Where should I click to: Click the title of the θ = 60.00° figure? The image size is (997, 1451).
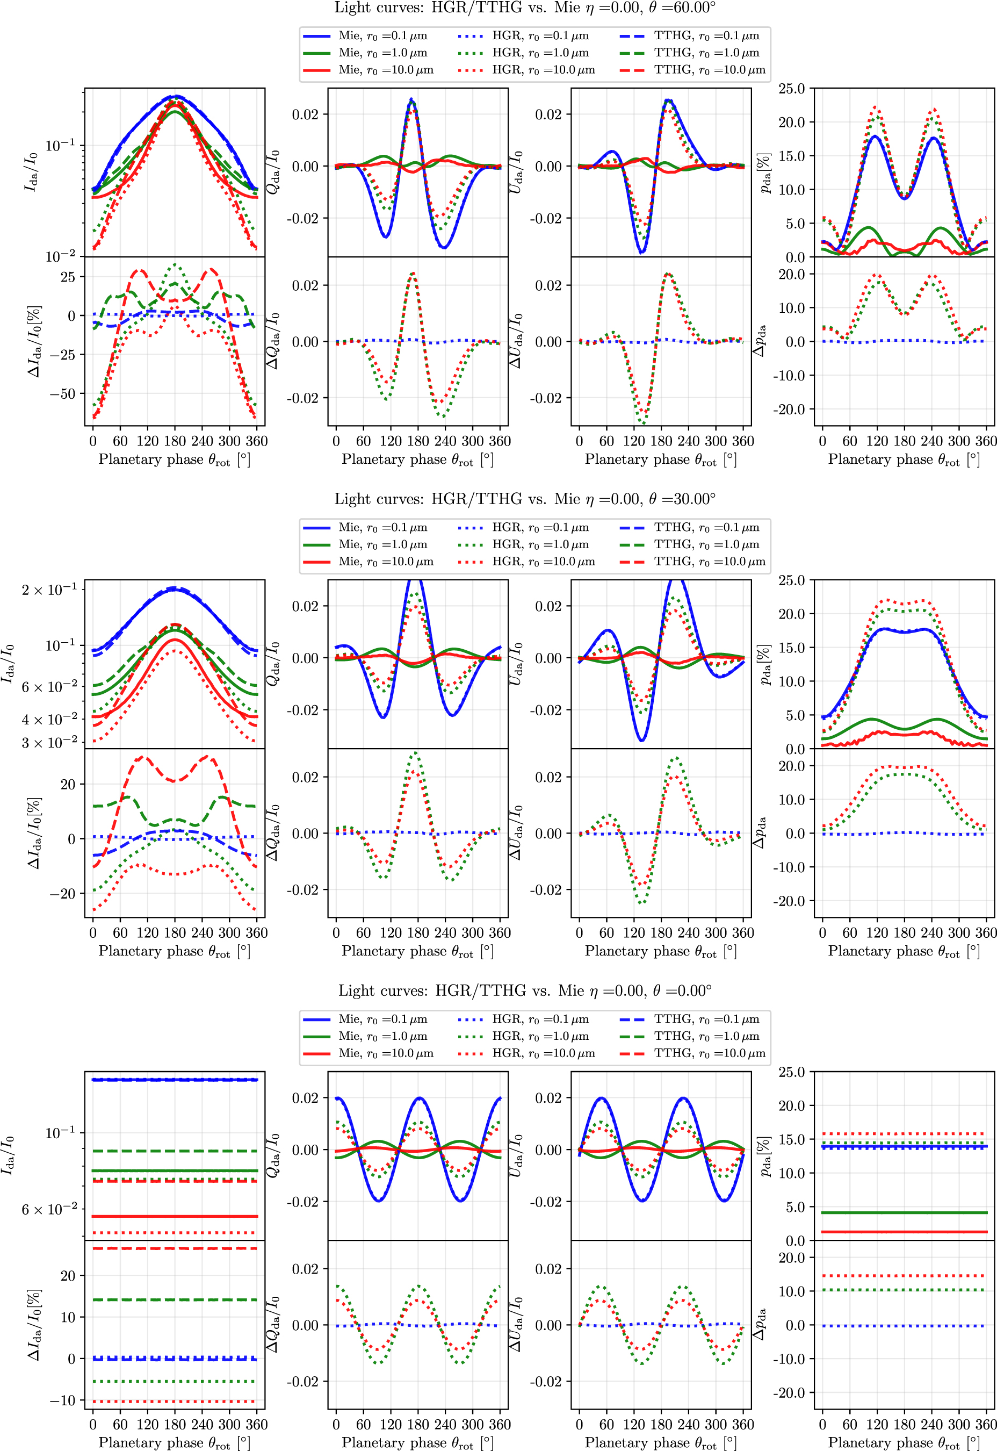pos(525,8)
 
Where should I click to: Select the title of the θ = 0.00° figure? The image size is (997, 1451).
pos(525,990)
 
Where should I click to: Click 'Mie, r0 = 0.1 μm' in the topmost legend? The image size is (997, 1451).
pos(383,36)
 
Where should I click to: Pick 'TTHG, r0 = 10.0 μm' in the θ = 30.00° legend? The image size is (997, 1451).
pos(710,561)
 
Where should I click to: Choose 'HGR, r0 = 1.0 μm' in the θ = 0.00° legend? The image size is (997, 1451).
pos(540,1036)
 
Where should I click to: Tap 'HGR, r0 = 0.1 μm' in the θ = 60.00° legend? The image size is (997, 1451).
pos(540,36)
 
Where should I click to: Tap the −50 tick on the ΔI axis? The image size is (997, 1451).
pos(63,394)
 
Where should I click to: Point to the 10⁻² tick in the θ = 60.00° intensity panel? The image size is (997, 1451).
pos(61,256)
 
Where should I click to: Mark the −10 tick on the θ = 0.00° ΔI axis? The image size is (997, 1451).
pos(63,1400)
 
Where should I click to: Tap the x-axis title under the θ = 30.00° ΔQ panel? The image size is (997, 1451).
pos(417,951)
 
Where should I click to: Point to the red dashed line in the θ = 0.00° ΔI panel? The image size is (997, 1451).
pos(175,1248)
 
